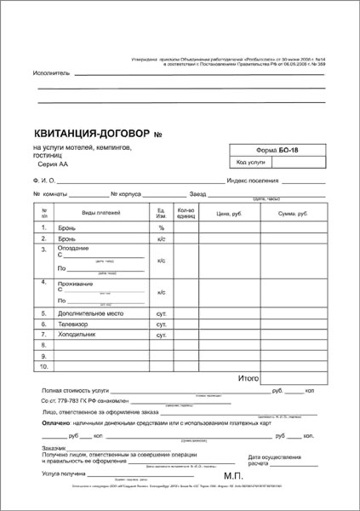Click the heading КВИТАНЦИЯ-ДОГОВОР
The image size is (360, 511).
point(89,134)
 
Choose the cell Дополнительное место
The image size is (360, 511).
point(92,313)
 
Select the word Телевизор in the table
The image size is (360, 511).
point(73,325)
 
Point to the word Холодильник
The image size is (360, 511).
point(77,336)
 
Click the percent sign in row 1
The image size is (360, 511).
point(161,227)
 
